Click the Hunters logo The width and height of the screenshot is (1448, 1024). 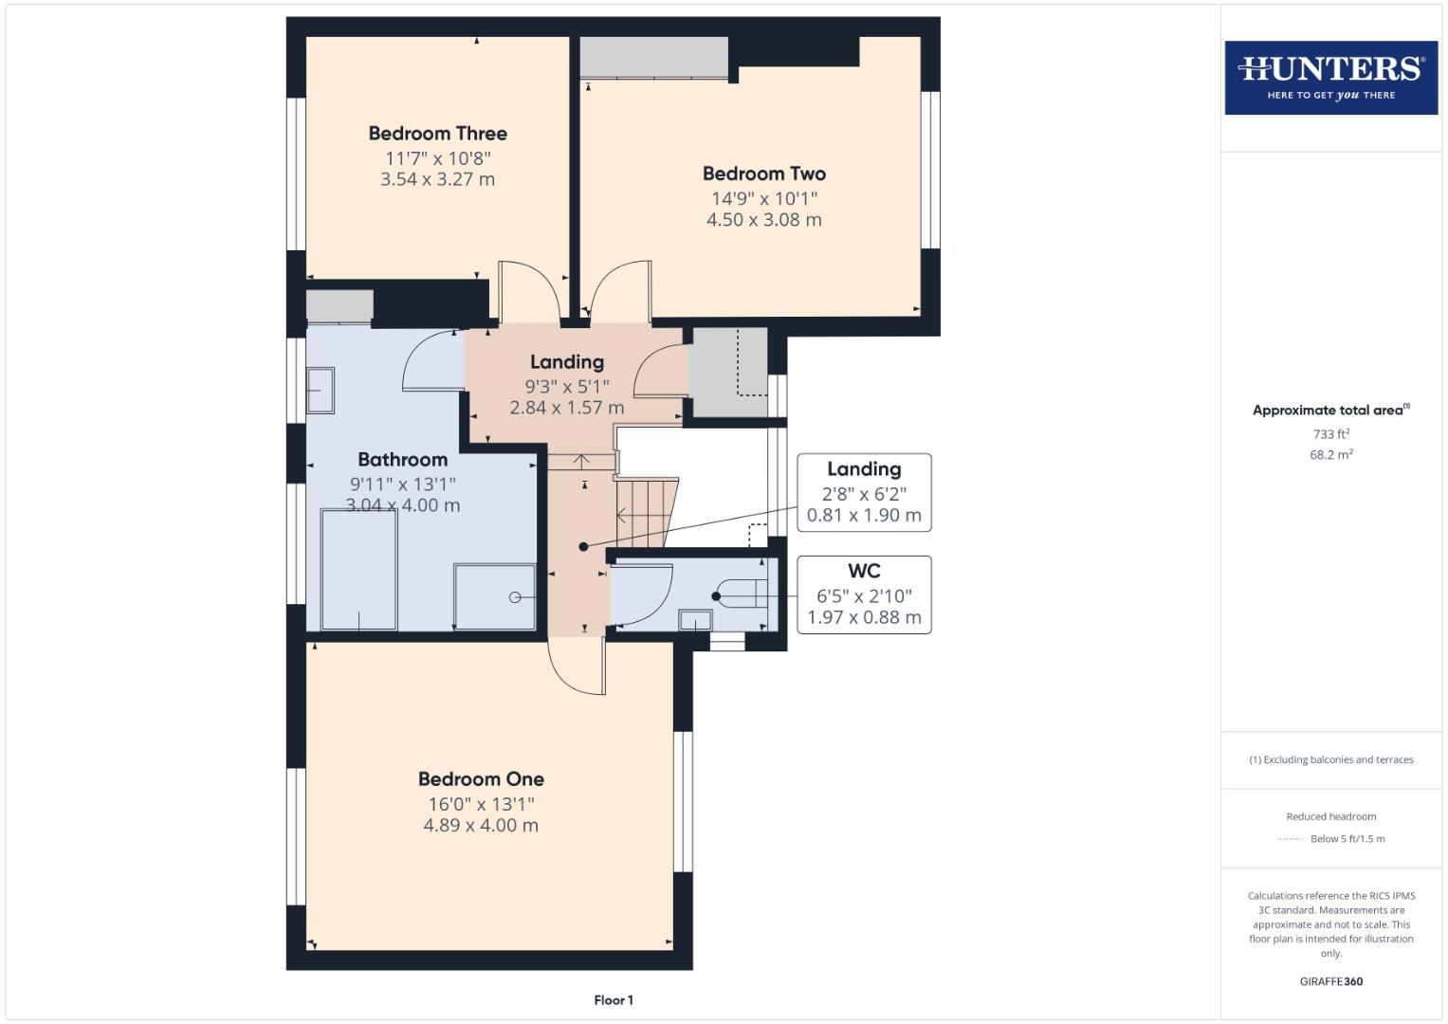point(1330,78)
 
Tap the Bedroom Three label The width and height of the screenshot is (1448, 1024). point(437,134)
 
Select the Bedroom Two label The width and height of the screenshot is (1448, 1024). point(763,174)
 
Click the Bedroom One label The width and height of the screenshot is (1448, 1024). point(481,779)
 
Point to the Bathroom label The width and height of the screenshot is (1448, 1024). point(402,460)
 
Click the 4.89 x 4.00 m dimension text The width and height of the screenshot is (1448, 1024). point(481,826)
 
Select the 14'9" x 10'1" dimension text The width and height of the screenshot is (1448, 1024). point(763,199)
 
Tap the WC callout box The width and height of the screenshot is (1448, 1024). point(864,594)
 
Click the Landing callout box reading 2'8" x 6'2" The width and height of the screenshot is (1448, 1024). point(864,492)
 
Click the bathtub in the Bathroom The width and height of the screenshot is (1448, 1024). point(358,569)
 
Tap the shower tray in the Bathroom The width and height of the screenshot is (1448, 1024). point(494,596)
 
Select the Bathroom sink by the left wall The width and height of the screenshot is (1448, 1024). point(320,390)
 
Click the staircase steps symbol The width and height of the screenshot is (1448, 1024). point(645,512)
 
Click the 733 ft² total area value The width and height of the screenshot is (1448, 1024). point(1330,434)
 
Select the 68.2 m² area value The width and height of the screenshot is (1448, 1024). point(1330,455)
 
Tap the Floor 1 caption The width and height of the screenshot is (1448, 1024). point(614,1000)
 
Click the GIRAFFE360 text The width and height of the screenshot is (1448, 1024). point(1330,982)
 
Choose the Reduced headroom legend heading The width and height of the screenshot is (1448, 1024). point(1330,816)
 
